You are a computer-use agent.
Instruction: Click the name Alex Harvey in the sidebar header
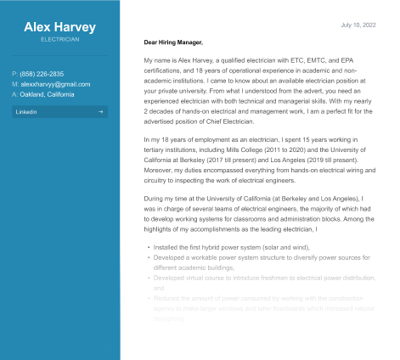click(59, 26)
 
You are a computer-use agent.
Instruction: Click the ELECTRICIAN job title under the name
click(59, 39)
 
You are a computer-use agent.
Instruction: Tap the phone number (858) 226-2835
click(42, 74)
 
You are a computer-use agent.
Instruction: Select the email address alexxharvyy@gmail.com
click(55, 84)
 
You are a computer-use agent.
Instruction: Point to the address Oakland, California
click(48, 94)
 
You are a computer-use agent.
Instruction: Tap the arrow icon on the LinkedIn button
click(100, 111)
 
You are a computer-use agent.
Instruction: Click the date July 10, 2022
click(358, 25)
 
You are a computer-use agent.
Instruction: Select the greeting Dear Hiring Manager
click(173, 42)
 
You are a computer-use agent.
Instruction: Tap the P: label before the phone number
click(15, 74)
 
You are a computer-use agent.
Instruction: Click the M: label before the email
click(15, 84)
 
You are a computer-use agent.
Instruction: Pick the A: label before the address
click(15, 94)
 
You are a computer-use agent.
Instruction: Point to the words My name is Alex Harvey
click(177, 60)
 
